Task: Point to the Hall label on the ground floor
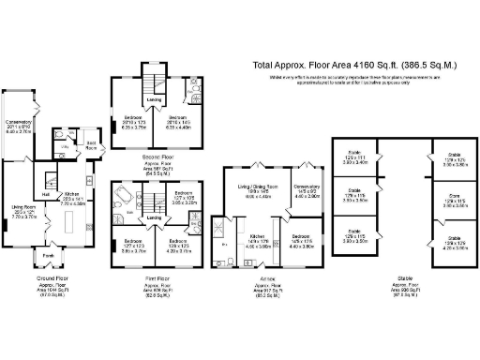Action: (x=44, y=172)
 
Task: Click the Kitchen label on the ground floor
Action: (x=71, y=194)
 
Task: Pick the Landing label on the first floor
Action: (x=153, y=219)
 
